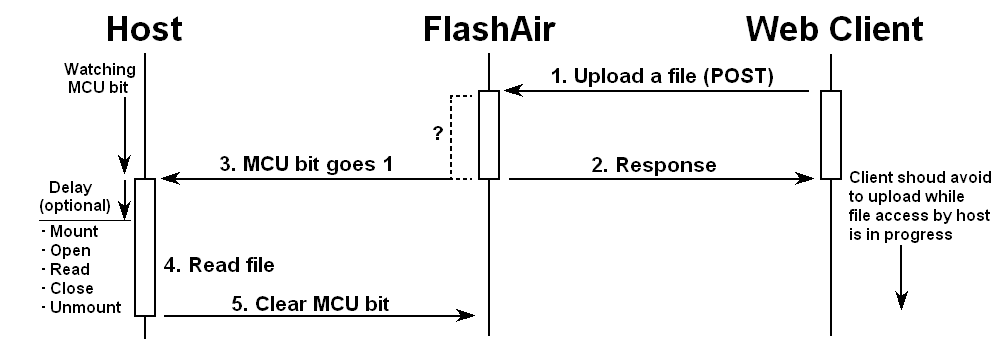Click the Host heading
point(144,28)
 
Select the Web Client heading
point(834,28)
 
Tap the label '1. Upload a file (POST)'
point(662,76)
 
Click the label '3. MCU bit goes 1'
point(306,163)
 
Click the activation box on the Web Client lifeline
point(831,135)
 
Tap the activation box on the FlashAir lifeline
point(488,135)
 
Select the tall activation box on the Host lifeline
point(144,247)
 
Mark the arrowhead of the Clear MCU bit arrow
point(465,316)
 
